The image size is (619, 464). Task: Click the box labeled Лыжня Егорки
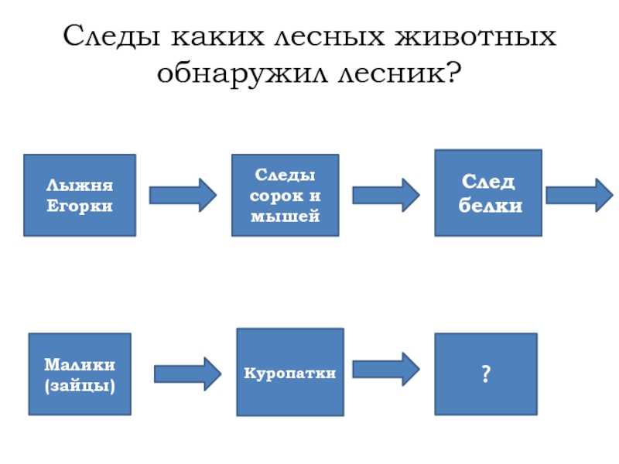[80, 195]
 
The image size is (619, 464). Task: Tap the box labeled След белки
[487, 193]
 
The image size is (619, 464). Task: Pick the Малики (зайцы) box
[80, 374]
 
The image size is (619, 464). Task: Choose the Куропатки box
[290, 372]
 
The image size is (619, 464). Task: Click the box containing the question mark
[485, 374]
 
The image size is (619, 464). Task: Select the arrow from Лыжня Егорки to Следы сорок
[183, 195]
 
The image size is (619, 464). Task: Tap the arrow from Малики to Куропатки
[188, 374]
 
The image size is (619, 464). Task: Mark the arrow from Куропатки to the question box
[386, 370]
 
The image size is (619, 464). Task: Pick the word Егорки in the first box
[80, 206]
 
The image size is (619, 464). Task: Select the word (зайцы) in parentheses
[80, 384]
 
